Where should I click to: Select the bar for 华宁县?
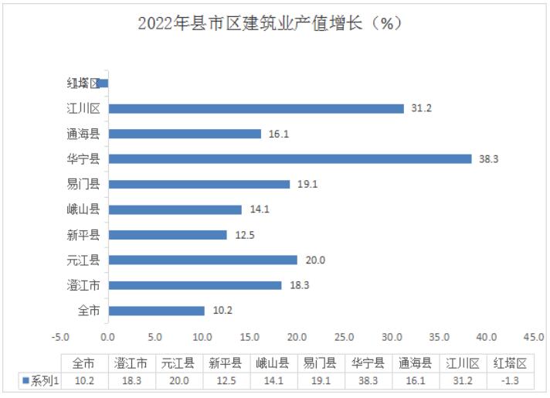coord(289,158)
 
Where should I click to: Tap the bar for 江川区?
coord(256,108)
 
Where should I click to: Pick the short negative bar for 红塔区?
coord(103,83)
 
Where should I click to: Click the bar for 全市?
coord(156,311)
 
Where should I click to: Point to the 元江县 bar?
coord(202,260)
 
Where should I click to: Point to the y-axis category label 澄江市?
coord(83,285)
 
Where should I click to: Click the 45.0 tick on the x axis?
coord(534,337)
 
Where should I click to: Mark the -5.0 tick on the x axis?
coord(60,337)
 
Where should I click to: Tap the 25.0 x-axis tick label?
coord(345,337)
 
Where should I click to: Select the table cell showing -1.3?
coord(510,381)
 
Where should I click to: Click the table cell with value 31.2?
coord(463,381)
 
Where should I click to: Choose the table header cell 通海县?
coord(416,362)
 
